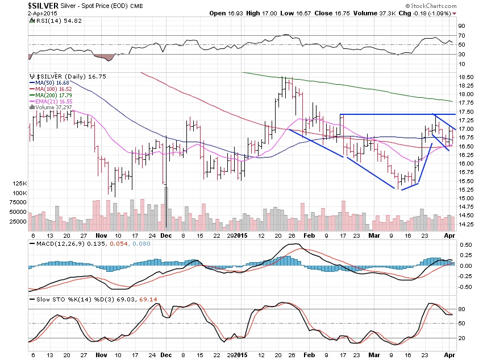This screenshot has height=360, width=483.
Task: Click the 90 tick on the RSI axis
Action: [461, 26]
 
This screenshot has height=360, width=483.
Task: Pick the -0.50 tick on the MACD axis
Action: [465, 287]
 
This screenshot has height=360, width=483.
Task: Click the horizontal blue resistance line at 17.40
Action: [398, 115]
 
